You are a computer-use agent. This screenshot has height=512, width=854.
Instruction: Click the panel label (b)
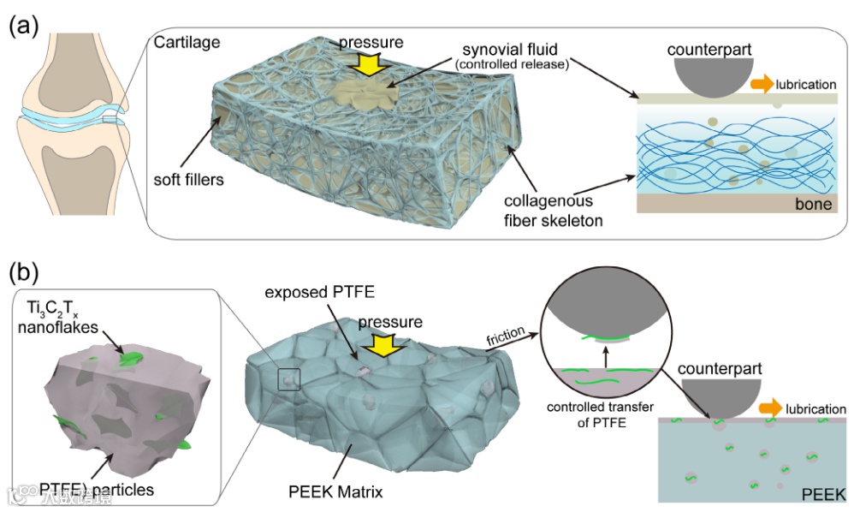click(24, 273)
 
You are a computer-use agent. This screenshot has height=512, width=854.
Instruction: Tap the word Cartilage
click(187, 42)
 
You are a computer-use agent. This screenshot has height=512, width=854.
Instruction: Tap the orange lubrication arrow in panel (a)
click(760, 84)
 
